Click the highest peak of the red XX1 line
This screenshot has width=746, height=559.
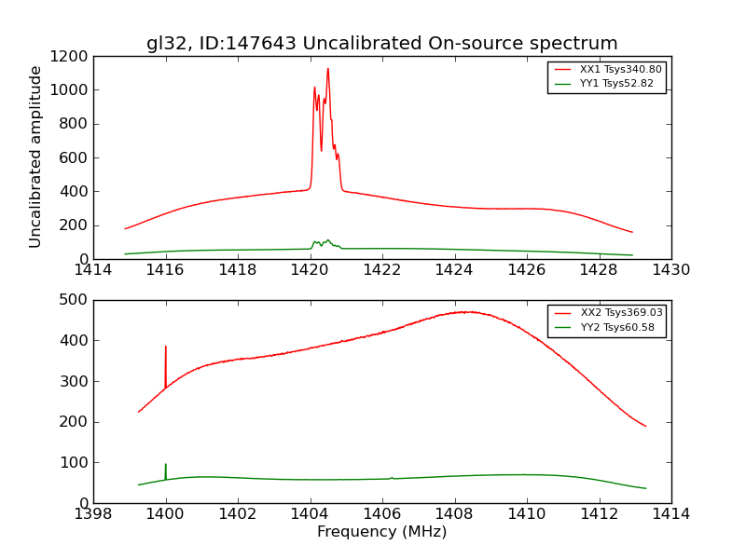click(327, 68)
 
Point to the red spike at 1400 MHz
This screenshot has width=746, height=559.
click(166, 347)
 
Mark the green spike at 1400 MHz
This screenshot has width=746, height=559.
click(166, 464)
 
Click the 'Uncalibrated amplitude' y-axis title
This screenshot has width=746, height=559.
click(35, 157)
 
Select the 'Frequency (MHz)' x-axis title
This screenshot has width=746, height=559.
click(381, 532)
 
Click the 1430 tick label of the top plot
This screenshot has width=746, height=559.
click(670, 270)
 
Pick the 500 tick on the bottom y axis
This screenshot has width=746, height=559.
click(75, 300)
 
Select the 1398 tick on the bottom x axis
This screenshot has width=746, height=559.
click(93, 513)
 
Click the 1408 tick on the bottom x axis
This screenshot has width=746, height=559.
click(454, 513)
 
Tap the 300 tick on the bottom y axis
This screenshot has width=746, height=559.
click(75, 381)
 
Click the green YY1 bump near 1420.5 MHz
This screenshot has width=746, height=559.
click(327, 240)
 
